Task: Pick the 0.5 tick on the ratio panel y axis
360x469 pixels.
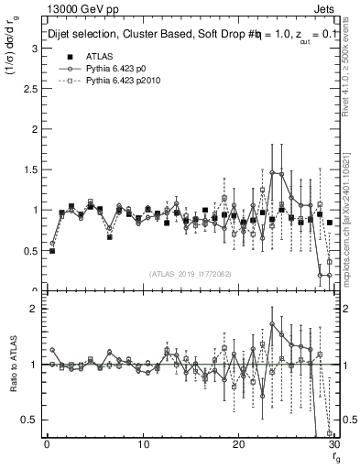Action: pyautogui.click(x=33, y=420)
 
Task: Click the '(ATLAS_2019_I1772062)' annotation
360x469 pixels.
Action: pyautogui.click(x=190, y=273)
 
